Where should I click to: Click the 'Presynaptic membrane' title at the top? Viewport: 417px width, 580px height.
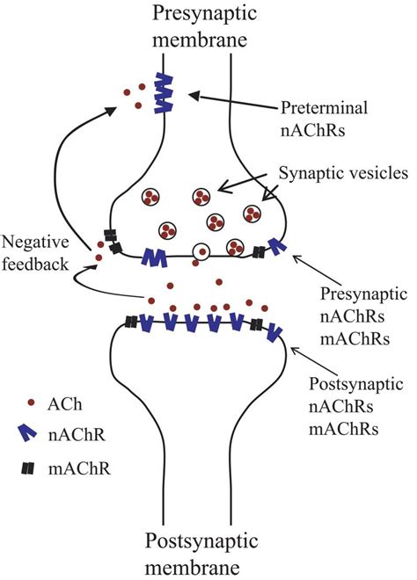pyautogui.click(x=204, y=26)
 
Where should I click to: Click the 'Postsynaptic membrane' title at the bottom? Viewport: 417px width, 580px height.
pyautogui.click(x=201, y=555)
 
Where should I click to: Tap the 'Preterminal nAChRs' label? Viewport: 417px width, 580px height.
pyautogui.click(x=324, y=119)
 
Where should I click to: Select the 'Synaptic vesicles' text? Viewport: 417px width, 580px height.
pyautogui.click(x=343, y=173)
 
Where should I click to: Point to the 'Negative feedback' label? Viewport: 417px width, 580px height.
pyautogui.click(x=35, y=253)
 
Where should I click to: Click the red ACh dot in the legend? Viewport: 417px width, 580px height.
pyautogui.click(x=31, y=402)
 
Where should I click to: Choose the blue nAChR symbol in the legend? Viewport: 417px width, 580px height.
pyautogui.click(x=26, y=432)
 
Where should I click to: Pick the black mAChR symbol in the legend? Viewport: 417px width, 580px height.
pyautogui.click(x=28, y=469)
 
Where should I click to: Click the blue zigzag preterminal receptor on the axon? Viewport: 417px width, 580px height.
pyautogui.click(x=164, y=93)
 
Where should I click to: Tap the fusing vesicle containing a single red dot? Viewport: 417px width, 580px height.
pyautogui.click(x=201, y=252)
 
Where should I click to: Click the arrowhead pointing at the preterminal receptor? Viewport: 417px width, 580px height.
pyautogui.click(x=194, y=96)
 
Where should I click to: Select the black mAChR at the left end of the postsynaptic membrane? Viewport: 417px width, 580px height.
pyautogui.click(x=131, y=322)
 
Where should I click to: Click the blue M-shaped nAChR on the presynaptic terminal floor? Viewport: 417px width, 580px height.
pyautogui.click(x=154, y=257)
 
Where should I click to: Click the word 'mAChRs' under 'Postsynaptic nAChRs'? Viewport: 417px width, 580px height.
pyautogui.click(x=344, y=429)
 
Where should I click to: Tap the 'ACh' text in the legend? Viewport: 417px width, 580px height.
pyautogui.click(x=64, y=404)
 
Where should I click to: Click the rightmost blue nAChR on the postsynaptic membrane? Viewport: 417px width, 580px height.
pyautogui.click(x=274, y=332)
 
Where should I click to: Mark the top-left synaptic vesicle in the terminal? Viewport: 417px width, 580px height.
pyautogui.click(x=150, y=196)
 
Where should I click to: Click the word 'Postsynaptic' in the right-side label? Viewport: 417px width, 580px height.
pyautogui.click(x=356, y=383)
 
